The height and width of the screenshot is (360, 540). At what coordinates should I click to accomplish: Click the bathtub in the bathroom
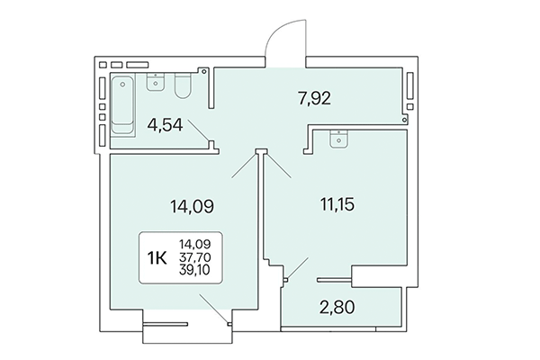point(122,106)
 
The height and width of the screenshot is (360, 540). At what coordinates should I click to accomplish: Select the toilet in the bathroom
point(183,85)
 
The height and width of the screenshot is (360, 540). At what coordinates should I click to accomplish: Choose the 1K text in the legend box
point(157,258)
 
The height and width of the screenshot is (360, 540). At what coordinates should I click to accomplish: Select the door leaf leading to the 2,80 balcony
point(296,271)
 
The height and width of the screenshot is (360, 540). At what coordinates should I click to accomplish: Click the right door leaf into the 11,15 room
point(278,166)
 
